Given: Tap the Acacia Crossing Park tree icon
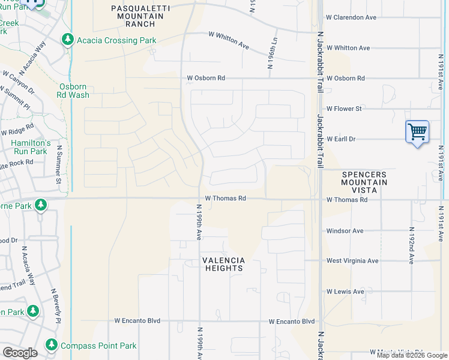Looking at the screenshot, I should coord(67,40).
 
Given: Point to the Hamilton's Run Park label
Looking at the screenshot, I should coord(31,147).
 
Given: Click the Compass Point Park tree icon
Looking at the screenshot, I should coord(51,346).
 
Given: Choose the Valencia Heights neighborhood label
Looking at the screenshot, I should coord(222,264).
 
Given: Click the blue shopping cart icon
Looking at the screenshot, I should coord(417,131).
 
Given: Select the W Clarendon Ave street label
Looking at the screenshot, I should coord(351,17).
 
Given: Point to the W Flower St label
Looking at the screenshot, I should coord(344,109).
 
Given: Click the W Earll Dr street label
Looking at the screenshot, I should coord(341,139).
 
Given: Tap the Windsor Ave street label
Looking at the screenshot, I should coord(345,230).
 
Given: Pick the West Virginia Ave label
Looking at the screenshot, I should coord(352,261).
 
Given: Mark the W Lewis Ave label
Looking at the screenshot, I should coord(345,292).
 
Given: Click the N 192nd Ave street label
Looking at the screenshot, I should coord(411,245).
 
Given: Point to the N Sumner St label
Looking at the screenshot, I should coord(59,164).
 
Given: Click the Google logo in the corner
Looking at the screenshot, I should coord(20,353).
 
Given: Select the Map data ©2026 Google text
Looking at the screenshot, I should coord(411,355).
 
